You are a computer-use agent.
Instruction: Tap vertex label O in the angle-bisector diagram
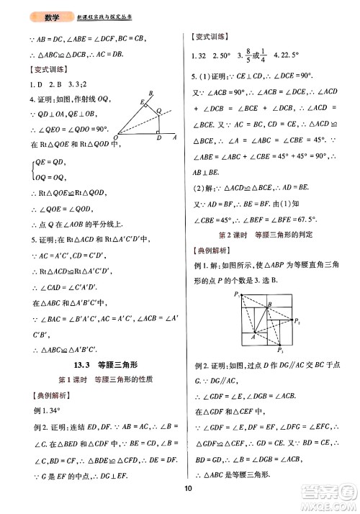114,134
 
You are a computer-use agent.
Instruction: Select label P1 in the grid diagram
236,274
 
